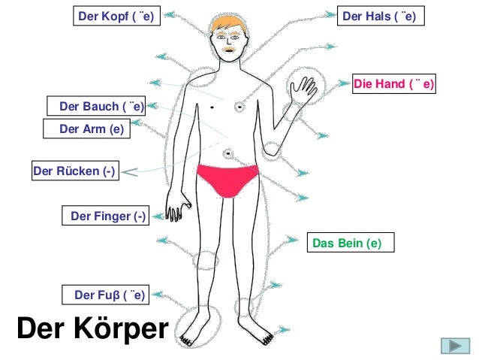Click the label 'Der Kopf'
pyautogui.click(x=118, y=16)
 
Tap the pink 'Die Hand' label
pyautogui.click(x=394, y=84)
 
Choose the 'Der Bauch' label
pyautogui.click(x=96, y=107)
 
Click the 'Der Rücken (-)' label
pyautogui.click(x=74, y=171)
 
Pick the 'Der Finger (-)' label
pyautogui.click(x=108, y=216)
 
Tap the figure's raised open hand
pyautogui.click(x=303, y=90)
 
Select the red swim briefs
pyautogui.click(x=227, y=178)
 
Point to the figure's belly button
pyautogui.click(x=227, y=154)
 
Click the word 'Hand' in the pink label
pyautogui.click(x=390, y=84)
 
